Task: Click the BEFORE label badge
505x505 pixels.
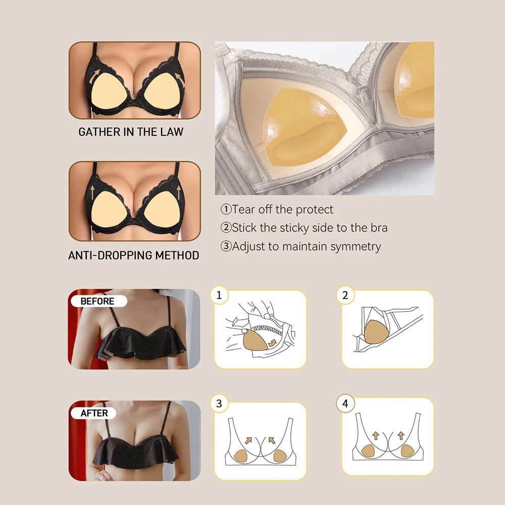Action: click(99, 301)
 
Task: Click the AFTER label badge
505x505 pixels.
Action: click(94, 413)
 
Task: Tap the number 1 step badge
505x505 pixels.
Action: click(219, 295)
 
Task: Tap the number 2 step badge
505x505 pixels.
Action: click(345, 295)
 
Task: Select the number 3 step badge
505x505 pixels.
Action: click(219, 403)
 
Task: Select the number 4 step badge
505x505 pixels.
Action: click(345, 403)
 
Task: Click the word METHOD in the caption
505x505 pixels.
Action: click(177, 256)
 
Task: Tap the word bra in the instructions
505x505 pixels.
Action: click(379, 228)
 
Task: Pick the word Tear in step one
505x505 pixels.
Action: click(244, 210)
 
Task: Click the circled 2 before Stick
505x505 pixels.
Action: click(226, 228)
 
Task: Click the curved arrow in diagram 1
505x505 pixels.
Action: click(273, 342)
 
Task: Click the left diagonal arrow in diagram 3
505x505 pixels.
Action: click(248, 440)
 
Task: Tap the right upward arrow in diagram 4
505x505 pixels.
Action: click(401, 436)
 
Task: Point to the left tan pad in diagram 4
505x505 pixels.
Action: click(368, 451)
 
